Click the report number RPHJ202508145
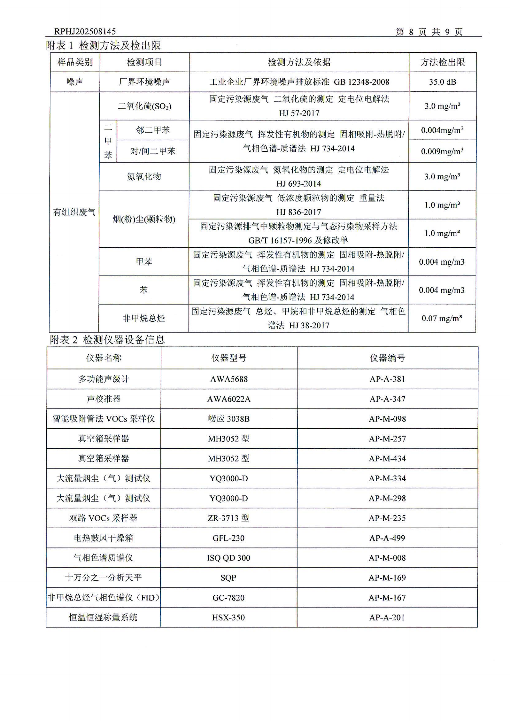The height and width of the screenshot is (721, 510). point(85,31)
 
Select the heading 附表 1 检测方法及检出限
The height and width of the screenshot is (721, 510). point(103,45)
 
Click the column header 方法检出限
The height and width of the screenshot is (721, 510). point(443,62)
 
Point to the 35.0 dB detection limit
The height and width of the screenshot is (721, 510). point(442,82)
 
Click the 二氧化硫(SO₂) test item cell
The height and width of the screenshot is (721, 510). point(144,106)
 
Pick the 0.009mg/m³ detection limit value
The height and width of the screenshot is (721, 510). point(442,151)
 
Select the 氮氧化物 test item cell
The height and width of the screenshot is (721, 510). point(144,176)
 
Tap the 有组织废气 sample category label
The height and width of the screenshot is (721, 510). point(74,212)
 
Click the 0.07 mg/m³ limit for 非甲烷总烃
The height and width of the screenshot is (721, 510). point(442,318)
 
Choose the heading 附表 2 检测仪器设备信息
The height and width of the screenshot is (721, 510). point(107,340)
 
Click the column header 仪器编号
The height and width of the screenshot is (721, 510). point(387,358)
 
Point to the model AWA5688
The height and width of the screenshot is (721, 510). point(229,379)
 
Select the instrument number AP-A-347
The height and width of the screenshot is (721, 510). point(387,399)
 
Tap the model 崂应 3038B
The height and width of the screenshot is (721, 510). point(229,419)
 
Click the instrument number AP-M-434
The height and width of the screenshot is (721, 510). point(387,458)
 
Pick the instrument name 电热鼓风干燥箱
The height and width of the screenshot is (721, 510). point(103,538)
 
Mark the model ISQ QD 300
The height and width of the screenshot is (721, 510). point(228,558)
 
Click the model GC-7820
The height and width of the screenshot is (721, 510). point(228,598)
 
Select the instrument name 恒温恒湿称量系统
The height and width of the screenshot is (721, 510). point(103,618)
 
